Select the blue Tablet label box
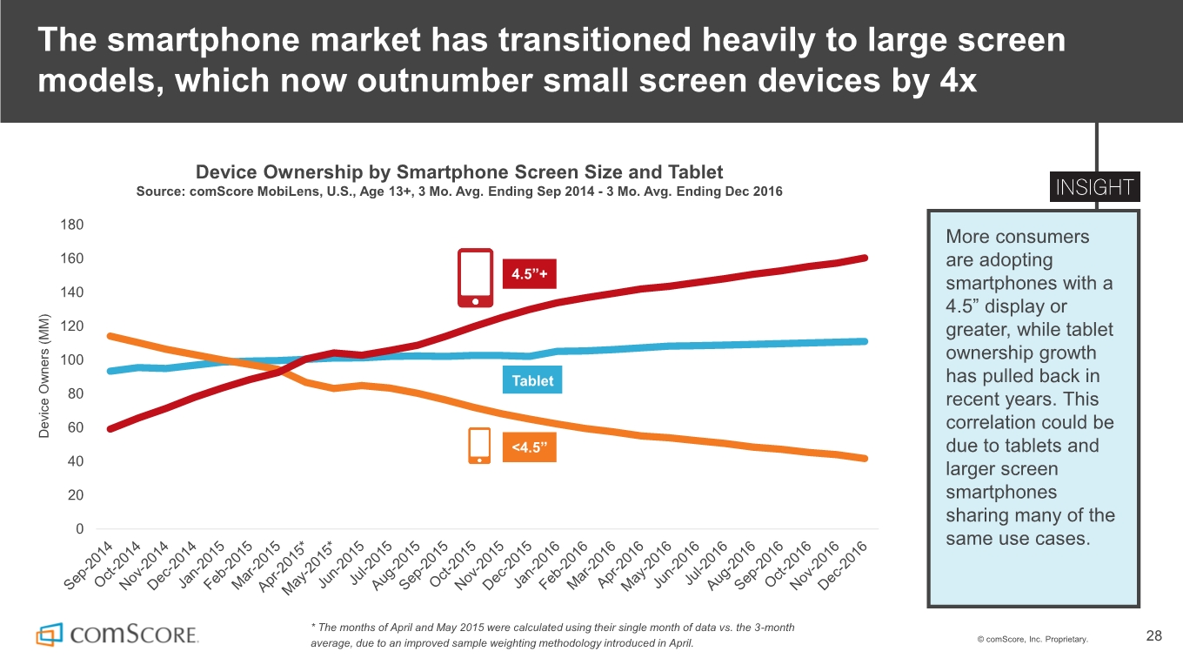point(532,380)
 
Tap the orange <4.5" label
point(529,447)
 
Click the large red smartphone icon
point(476,278)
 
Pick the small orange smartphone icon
point(479,446)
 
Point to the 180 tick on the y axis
point(73,225)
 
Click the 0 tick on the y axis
point(79,528)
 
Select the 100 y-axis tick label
point(73,359)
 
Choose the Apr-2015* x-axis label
point(283,568)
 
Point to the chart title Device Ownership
point(459,171)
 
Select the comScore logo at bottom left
point(117,634)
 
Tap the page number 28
point(1153,636)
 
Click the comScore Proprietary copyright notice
point(1032,640)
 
